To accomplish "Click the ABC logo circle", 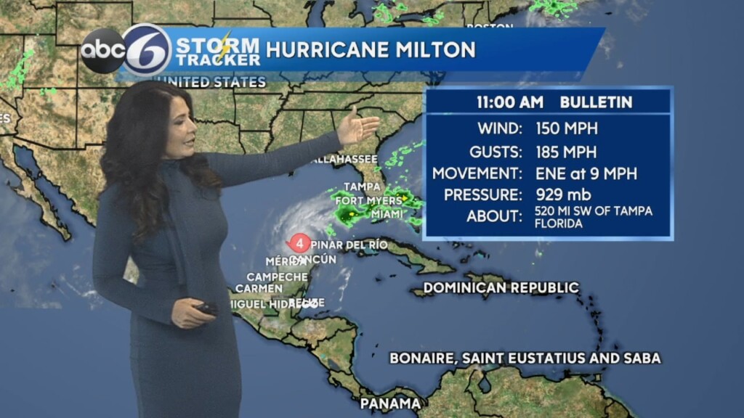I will click(102, 50).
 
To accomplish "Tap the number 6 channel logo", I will click(145, 50).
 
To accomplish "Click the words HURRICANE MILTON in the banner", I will click(371, 49).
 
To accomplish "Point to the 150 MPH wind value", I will click(567, 128).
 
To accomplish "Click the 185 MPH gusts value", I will click(567, 152).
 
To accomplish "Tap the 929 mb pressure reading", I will click(563, 194).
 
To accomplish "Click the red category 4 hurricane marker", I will click(299, 243).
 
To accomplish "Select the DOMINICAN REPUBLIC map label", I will click(501, 287).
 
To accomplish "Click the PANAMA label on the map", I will click(390, 403).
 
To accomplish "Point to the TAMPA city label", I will click(362, 187).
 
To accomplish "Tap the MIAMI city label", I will click(387, 215).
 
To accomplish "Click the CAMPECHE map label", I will click(277, 276).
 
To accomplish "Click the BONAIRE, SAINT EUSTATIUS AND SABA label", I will click(525, 358).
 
